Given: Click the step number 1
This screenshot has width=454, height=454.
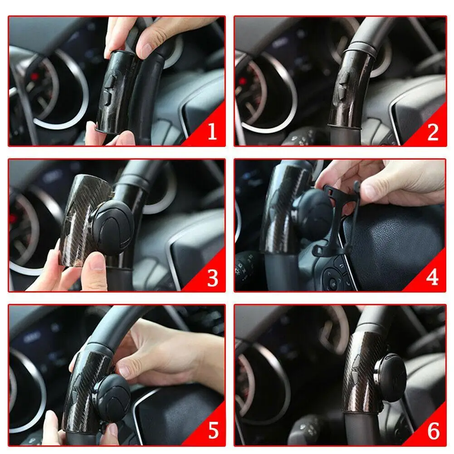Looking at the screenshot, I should point(212,132).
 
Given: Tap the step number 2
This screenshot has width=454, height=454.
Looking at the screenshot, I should point(433,132).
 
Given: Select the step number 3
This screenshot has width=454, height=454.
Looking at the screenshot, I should point(212,278).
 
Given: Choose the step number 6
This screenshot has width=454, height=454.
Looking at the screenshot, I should point(433,431).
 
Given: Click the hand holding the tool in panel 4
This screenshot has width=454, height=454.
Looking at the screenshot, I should point(386,181).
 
